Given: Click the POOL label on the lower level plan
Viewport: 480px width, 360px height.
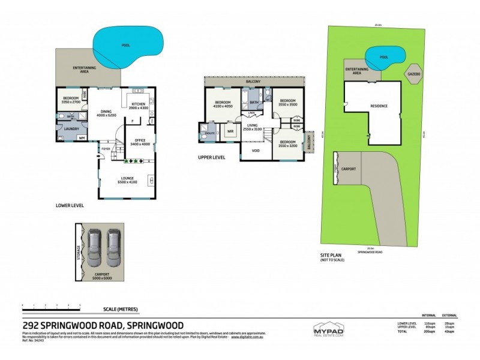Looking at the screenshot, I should point(126,45).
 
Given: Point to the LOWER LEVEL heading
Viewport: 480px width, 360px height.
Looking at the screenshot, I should point(69,205).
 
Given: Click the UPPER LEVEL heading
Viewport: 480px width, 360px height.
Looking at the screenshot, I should point(211,158).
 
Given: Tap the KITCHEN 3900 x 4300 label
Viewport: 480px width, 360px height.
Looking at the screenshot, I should point(139,106).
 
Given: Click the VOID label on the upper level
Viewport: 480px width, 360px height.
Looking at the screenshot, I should point(256,151).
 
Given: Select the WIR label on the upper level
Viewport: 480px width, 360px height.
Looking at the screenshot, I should point(230,131).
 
